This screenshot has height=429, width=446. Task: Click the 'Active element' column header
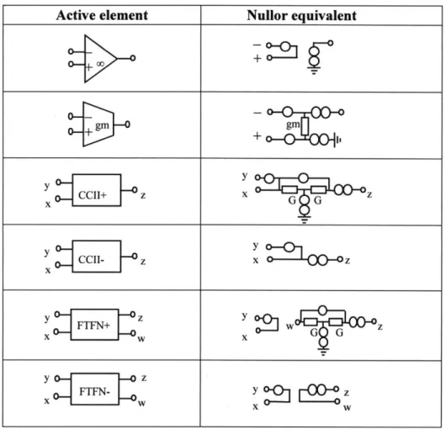pos(102,15)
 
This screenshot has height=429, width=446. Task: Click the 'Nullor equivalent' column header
pos(301,15)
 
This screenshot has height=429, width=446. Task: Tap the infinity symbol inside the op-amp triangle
pos(100,64)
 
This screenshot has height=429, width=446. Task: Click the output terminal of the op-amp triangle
pos(133,58)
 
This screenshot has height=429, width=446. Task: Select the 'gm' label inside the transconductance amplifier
pos(102,125)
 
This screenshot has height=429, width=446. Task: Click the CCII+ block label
pos(93,195)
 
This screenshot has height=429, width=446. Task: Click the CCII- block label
pos(92,260)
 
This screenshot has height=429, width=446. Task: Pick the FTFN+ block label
pos(93,326)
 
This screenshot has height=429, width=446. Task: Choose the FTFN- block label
pos(94,392)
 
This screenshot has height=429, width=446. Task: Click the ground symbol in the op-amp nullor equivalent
pos(314,70)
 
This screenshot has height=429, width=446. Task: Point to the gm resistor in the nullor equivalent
pos(305,126)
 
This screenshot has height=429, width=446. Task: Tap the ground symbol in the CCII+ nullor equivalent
pos(305,220)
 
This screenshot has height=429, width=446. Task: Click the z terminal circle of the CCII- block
pos(135,257)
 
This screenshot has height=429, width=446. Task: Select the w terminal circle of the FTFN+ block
pos(133,333)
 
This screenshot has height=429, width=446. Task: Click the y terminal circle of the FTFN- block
pos(57,379)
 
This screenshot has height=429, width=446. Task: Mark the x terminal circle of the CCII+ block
pos(58,199)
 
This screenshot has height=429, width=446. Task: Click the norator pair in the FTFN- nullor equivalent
pos(317,389)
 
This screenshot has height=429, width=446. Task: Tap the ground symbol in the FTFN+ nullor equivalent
pos(323,352)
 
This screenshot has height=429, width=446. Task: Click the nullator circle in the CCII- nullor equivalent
pos(289,247)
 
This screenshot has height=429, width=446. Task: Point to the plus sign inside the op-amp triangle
pos(89,67)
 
